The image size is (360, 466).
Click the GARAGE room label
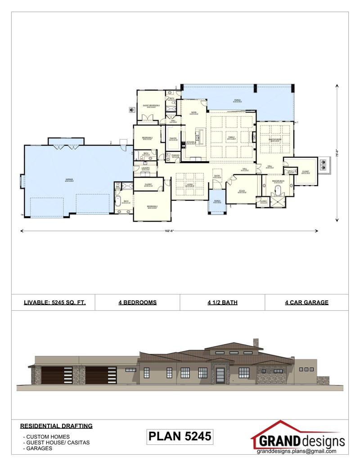pos(69,179)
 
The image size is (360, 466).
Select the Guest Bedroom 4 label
pos(152,105)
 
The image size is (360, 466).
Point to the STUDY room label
pos(241,190)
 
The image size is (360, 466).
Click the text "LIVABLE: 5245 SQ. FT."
pos(54,303)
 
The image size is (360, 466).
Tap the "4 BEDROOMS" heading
pos(138,303)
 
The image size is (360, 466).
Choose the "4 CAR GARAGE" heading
pos(306,303)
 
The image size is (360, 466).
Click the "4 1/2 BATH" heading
pos(222,303)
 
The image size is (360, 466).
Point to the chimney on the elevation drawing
pos(255,343)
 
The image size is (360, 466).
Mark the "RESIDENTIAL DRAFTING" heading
pos(56,425)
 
